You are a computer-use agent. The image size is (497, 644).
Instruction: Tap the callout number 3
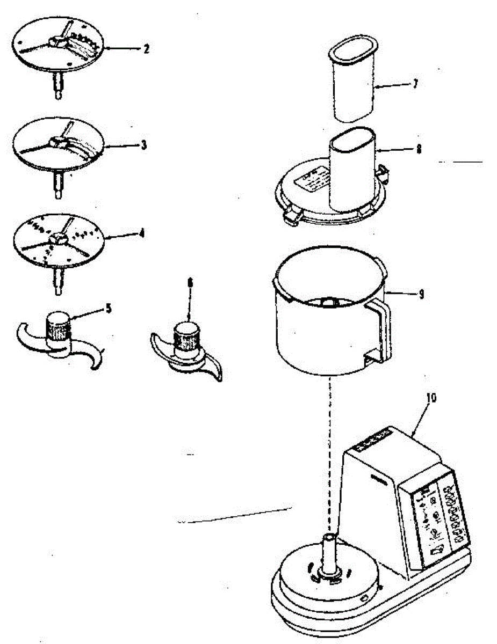(144, 145)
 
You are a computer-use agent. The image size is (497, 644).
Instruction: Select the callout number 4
(141, 235)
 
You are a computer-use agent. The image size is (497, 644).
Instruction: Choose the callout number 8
(418, 150)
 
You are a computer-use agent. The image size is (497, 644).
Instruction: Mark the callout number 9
(421, 294)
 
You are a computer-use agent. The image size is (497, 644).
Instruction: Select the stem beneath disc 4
(58, 281)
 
